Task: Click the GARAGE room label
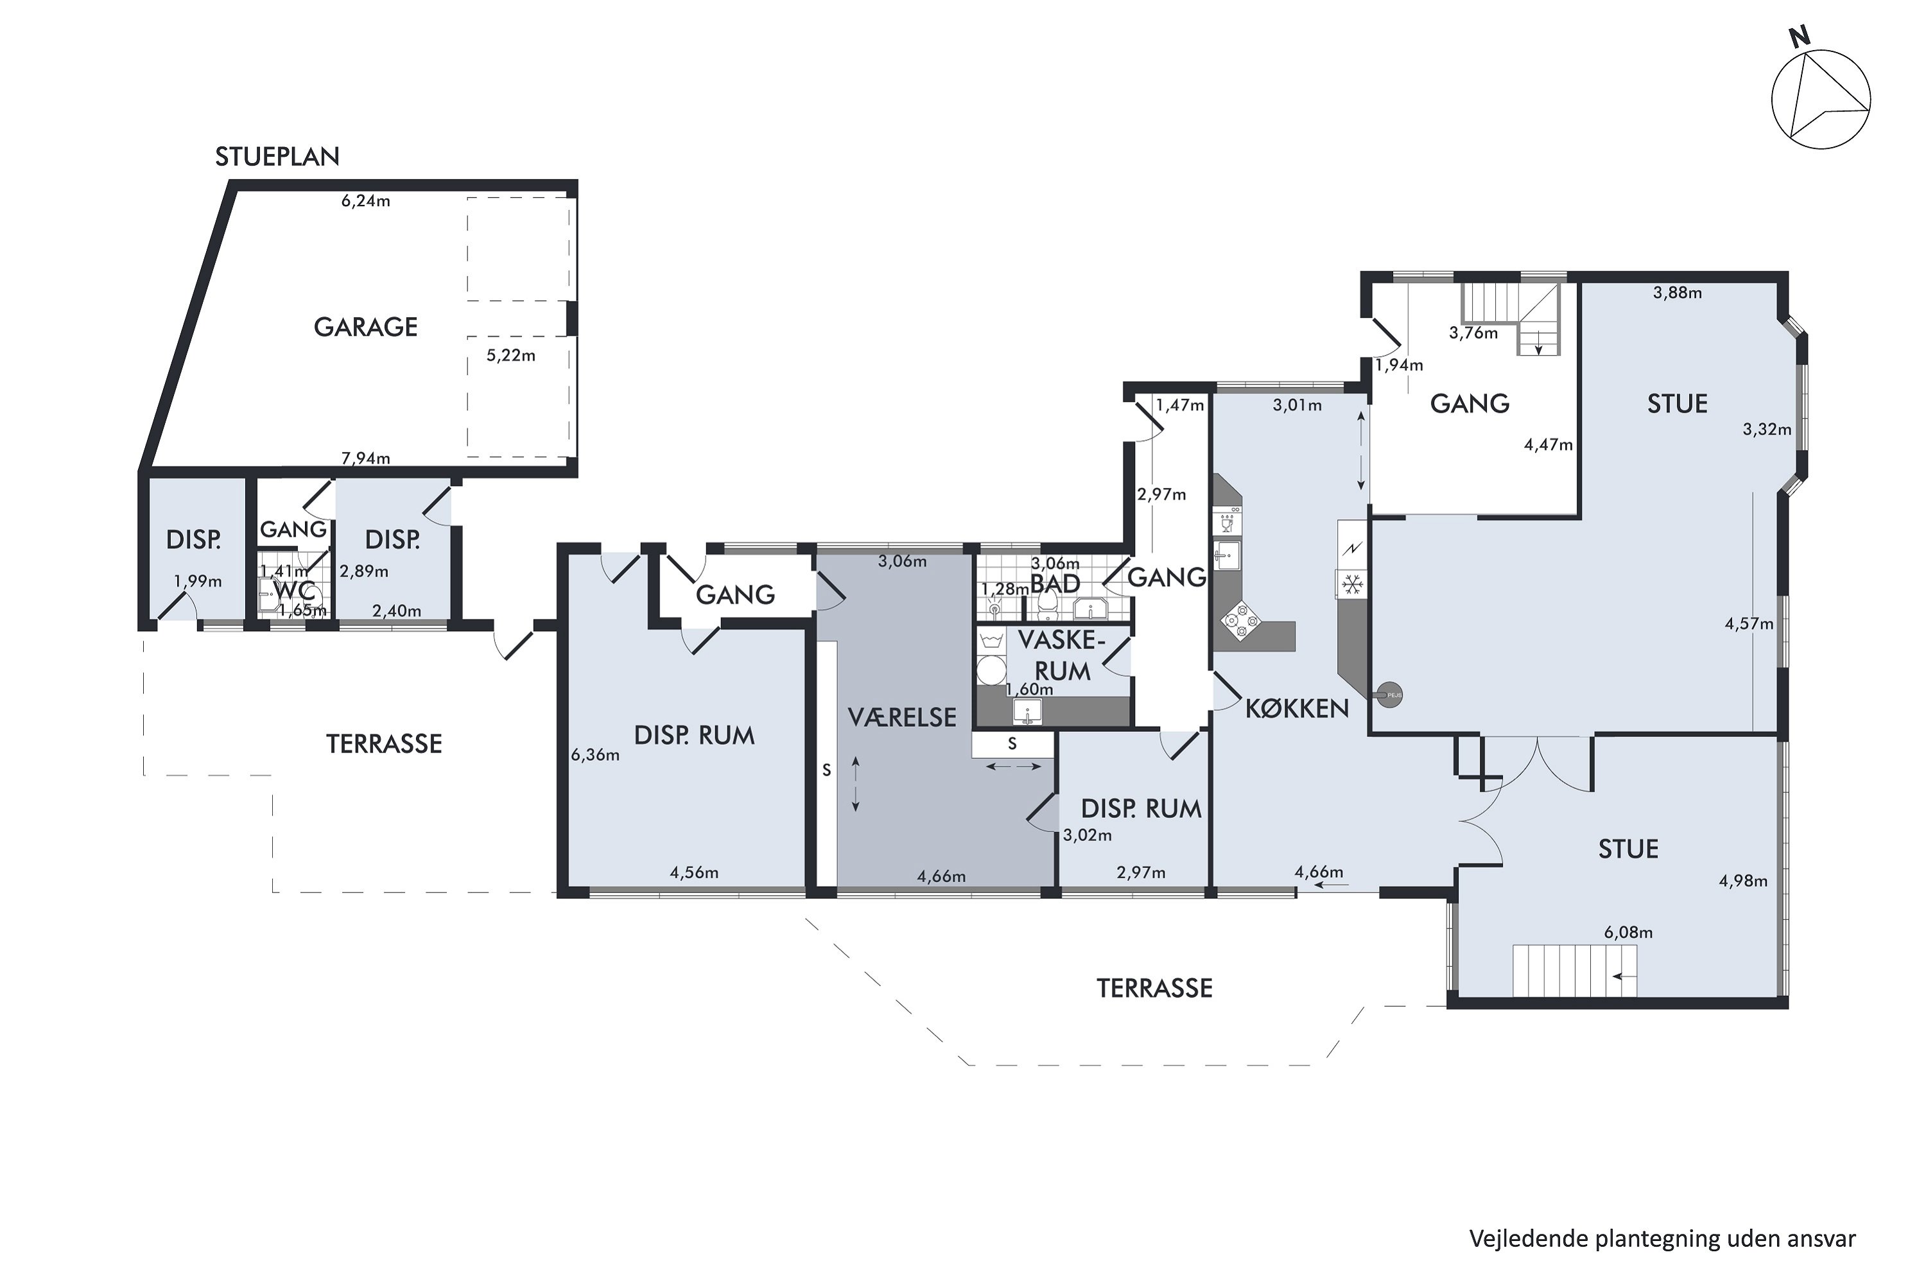pos(365,327)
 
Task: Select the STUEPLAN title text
pos(277,157)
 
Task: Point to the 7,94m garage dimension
pos(365,458)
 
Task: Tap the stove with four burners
pos(1239,621)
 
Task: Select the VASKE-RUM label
pos(1062,655)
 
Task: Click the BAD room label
pos(1055,584)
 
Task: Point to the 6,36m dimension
pos(595,755)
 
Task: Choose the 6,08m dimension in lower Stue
pos(1628,932)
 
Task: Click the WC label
pos(295,591)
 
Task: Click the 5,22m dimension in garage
pos(511,356)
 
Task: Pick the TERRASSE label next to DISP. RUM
pos(384,743)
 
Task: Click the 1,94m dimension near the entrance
pos(1399,365)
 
